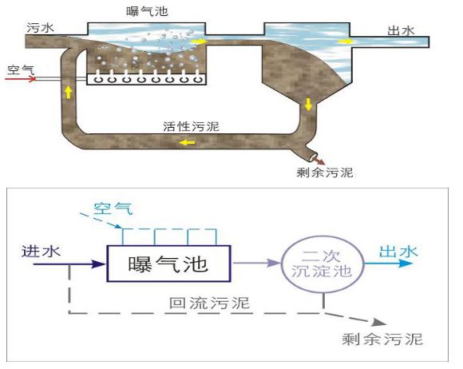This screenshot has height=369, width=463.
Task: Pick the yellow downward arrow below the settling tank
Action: (309, 105)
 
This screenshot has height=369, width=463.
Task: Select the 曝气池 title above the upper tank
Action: (148, 11)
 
